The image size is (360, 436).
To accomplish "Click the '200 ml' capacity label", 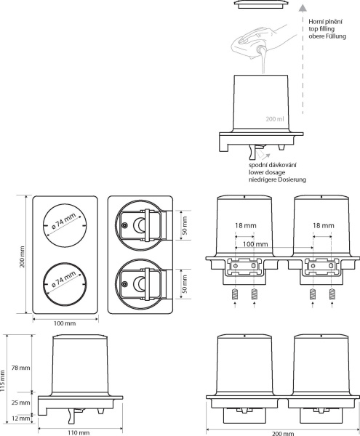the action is [275, 119].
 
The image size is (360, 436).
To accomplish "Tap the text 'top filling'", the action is [321, 28].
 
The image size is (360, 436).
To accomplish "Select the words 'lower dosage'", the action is [267, 172].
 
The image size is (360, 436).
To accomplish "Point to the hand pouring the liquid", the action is [262, 40].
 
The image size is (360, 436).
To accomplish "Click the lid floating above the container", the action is [261, 4].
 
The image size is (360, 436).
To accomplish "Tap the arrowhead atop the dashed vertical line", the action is [303, 8].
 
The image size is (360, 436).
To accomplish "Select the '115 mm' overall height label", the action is [3, 381].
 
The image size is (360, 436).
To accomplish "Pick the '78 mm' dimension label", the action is [20, 368].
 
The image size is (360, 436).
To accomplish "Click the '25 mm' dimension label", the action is [20, 403].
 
